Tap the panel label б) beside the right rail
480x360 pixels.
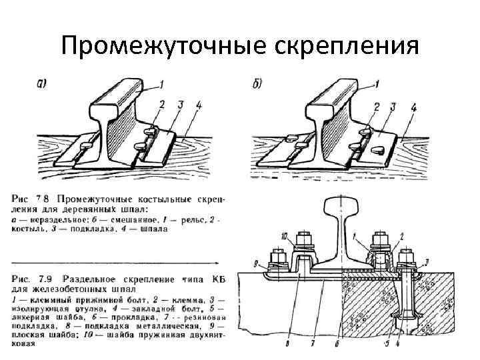(x=258, y=83)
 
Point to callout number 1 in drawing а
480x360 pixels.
(x=161, y=84)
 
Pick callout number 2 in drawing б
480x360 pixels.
(x=377, y=107)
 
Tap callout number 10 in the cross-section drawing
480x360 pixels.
(x=284, y=237)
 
